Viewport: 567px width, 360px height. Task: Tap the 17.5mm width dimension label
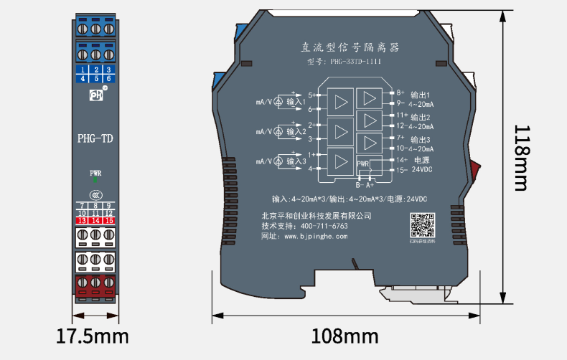pos(93,336)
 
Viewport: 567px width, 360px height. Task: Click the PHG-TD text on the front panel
pos(95,138)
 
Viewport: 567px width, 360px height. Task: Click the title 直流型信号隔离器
pos(350,47)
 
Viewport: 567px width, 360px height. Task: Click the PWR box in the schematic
pos(363,164)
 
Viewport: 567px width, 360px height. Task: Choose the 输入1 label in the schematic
pos(296,103)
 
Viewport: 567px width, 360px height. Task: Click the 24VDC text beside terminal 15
pos(422,170)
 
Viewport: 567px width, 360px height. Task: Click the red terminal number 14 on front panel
pos(95,221)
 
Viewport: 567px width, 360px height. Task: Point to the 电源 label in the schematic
pos(421,159)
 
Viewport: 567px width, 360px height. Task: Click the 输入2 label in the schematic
pos(296,132)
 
